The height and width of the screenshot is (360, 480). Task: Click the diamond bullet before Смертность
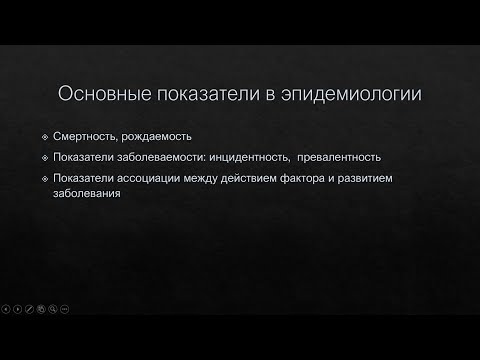tap(60, 136)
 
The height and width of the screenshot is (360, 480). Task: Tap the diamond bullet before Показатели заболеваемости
tap(60, 158)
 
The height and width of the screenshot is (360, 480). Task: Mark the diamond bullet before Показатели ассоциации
tap(60, 179)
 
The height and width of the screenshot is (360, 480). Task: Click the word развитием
tap(367, 179)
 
